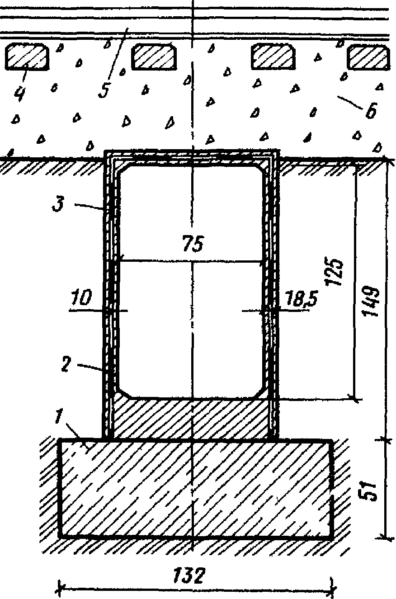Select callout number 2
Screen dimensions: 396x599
coord(66,365)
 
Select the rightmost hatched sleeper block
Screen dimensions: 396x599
coord(368,56)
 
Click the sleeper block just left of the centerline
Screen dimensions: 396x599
coord(154,56)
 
